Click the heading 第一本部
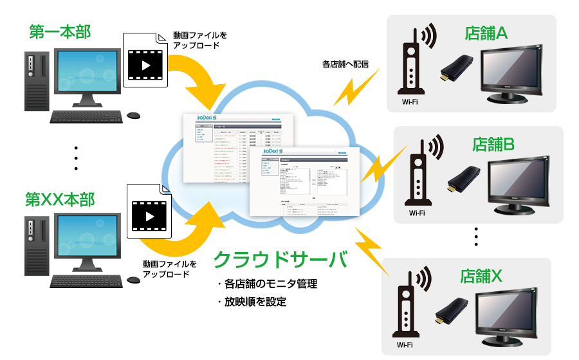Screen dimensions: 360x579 [60, 32]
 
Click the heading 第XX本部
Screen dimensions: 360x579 [60, 199]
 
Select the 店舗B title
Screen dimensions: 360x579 [493, 144]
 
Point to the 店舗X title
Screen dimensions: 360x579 [481, 276]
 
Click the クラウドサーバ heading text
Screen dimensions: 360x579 [280, 260]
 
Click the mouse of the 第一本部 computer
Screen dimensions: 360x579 [133, 116]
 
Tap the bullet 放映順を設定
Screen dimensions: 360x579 [251, 301]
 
